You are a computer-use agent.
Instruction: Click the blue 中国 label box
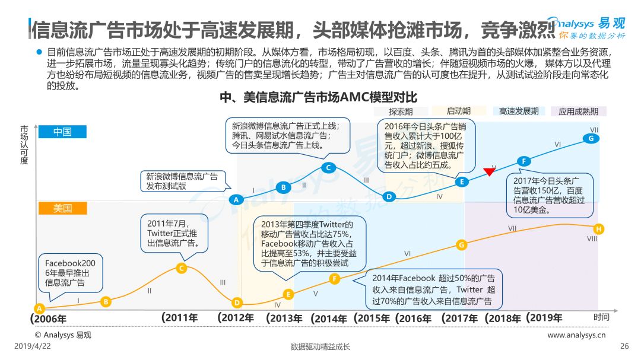click(x=62, y=132)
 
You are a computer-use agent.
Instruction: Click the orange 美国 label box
click(x=62, y=208)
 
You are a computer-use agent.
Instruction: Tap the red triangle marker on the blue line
click(x=489, y=171)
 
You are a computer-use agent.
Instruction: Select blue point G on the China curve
click(x=591, y=139)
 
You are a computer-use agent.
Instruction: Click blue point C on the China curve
click(x=328, y=167)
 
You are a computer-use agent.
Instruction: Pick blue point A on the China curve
click(x=236, y=200)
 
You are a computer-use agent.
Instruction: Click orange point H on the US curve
click(x=598, y=229)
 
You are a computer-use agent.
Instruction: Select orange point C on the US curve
click(x=181, y=268)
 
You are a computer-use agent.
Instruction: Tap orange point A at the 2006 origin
click(x=39, y=308)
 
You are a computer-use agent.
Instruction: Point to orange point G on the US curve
click(x=461, y=245)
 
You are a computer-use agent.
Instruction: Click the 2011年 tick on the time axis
click(x=180, y=318)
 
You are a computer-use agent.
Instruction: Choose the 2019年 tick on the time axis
click(x=544, y=318)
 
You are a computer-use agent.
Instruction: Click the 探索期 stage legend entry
click(x=401, y=111)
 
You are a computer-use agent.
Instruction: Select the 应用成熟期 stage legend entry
click(x=578, y=111)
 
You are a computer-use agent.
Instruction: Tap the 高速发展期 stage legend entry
click(x=518, y=111)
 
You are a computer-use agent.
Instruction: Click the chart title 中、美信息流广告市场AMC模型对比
click(x=319, y=97)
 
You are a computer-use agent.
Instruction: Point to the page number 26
click(x=624, y=346)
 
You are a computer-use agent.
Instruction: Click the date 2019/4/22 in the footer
click(x=33, y=346)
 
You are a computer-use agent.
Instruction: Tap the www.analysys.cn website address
click(x=576, y=335)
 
